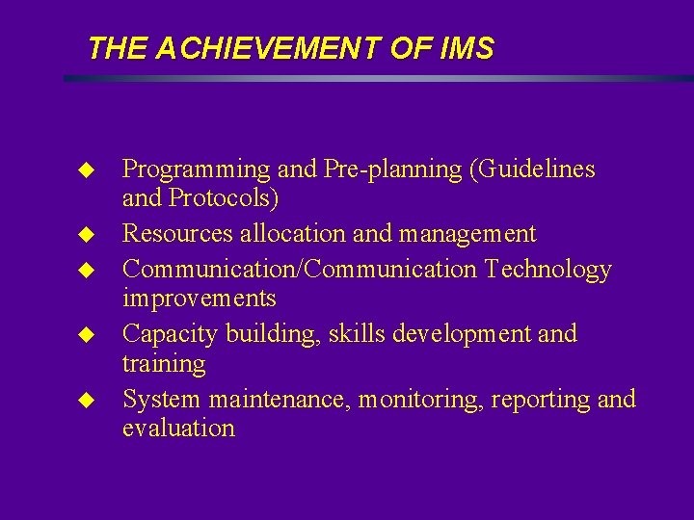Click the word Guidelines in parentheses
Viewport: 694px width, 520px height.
click(x=535, y=170)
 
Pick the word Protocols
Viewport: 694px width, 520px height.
click(x=225, y=199)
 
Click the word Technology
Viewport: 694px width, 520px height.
click(x=548, y=270)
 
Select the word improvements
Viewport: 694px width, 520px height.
click(x=199, y=299)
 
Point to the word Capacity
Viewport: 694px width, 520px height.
click(x=171, y=334)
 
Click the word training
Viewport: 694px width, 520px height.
click(x=164, y=364)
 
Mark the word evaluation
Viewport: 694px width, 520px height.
click(x=178, y=429)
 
